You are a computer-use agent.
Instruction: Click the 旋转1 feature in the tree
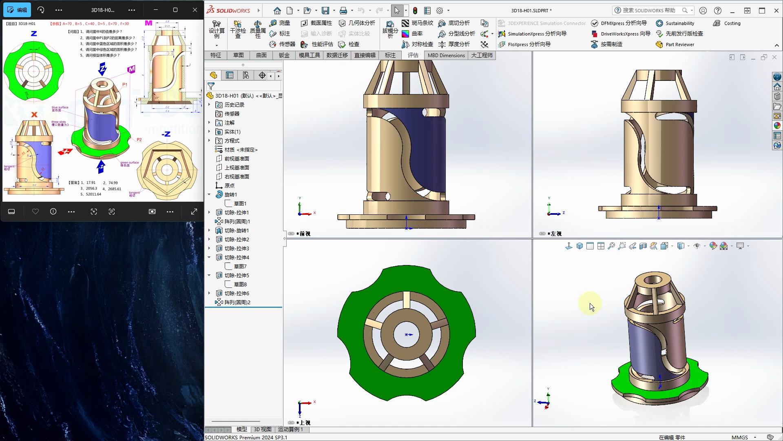tap(230, 194)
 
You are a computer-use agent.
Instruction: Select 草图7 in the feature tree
tap(240, 266)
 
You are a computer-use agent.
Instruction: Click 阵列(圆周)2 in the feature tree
tap(237, 303)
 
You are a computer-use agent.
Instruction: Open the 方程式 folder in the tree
tap(232, 141)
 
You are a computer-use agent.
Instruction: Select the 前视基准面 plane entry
tap(237, 159)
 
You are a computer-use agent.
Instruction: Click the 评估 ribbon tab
tap(413, 55)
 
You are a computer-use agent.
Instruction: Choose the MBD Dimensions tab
tap(446, 55)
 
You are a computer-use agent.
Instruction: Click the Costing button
tap(732, 23)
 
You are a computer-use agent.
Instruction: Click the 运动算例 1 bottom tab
tap(291, 429)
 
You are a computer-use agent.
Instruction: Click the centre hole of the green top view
tap(407, 334)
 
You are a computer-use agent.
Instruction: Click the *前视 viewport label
tap(304, 234)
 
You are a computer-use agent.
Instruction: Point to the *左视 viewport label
tap(555, 234)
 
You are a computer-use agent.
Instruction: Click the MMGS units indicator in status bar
tap(739, 437)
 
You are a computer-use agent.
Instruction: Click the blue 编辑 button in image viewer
tap(17, 10)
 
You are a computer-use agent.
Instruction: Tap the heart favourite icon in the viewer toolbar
tap(35, 212)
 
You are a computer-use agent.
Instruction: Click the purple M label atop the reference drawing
tap(148, 23)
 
